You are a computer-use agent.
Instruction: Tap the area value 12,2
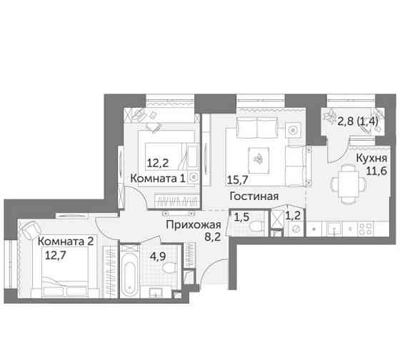click(158, 163)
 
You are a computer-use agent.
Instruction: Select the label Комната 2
click(66, 240)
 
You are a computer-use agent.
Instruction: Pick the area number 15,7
click(239, 181)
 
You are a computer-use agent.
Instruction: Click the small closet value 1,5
click(243, 216)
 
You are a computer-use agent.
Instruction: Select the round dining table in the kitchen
click(346, 181)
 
